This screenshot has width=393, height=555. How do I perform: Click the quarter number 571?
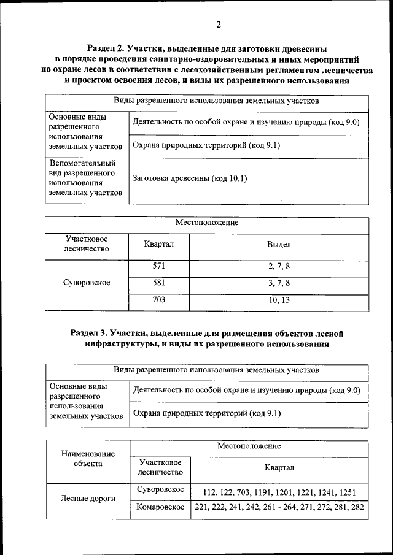coord(159,266)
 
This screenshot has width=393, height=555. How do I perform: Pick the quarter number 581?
coord(159,283)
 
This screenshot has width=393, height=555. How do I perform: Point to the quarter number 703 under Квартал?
coord(159,300)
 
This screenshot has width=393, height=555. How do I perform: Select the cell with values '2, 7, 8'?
coord(278,266)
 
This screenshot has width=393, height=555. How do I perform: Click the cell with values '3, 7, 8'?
coord(278,283)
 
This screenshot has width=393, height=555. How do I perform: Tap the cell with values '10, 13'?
coord(278,300)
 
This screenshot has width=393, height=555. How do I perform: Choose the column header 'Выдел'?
coord(278,244)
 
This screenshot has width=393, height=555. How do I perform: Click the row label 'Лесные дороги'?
coord(88,499)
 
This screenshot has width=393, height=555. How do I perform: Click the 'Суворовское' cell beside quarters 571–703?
coord(87,283)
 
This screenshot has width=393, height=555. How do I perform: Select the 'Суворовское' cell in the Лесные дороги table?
coord(160,490)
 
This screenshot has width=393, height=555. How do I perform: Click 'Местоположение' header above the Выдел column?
coord(207,223)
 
